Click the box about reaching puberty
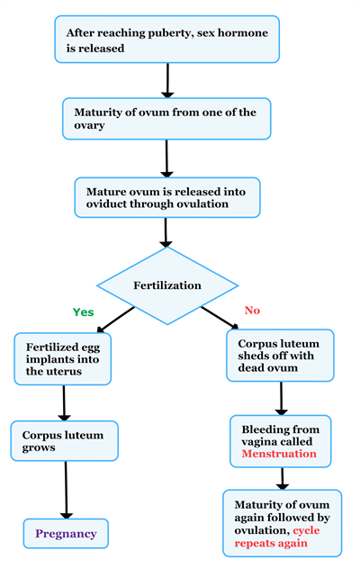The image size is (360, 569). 166,41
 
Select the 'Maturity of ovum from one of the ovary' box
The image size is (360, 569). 166,118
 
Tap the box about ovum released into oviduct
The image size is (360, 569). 166,197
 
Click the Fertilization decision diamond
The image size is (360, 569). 166,284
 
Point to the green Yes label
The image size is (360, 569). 83,312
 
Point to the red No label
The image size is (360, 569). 251,311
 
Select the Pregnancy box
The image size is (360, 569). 66,534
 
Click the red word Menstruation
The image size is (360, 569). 279,455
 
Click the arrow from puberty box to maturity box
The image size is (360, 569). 166,80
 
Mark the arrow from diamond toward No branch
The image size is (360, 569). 220,318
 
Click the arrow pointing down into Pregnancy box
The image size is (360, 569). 66,491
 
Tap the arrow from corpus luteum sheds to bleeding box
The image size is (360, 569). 282,397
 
